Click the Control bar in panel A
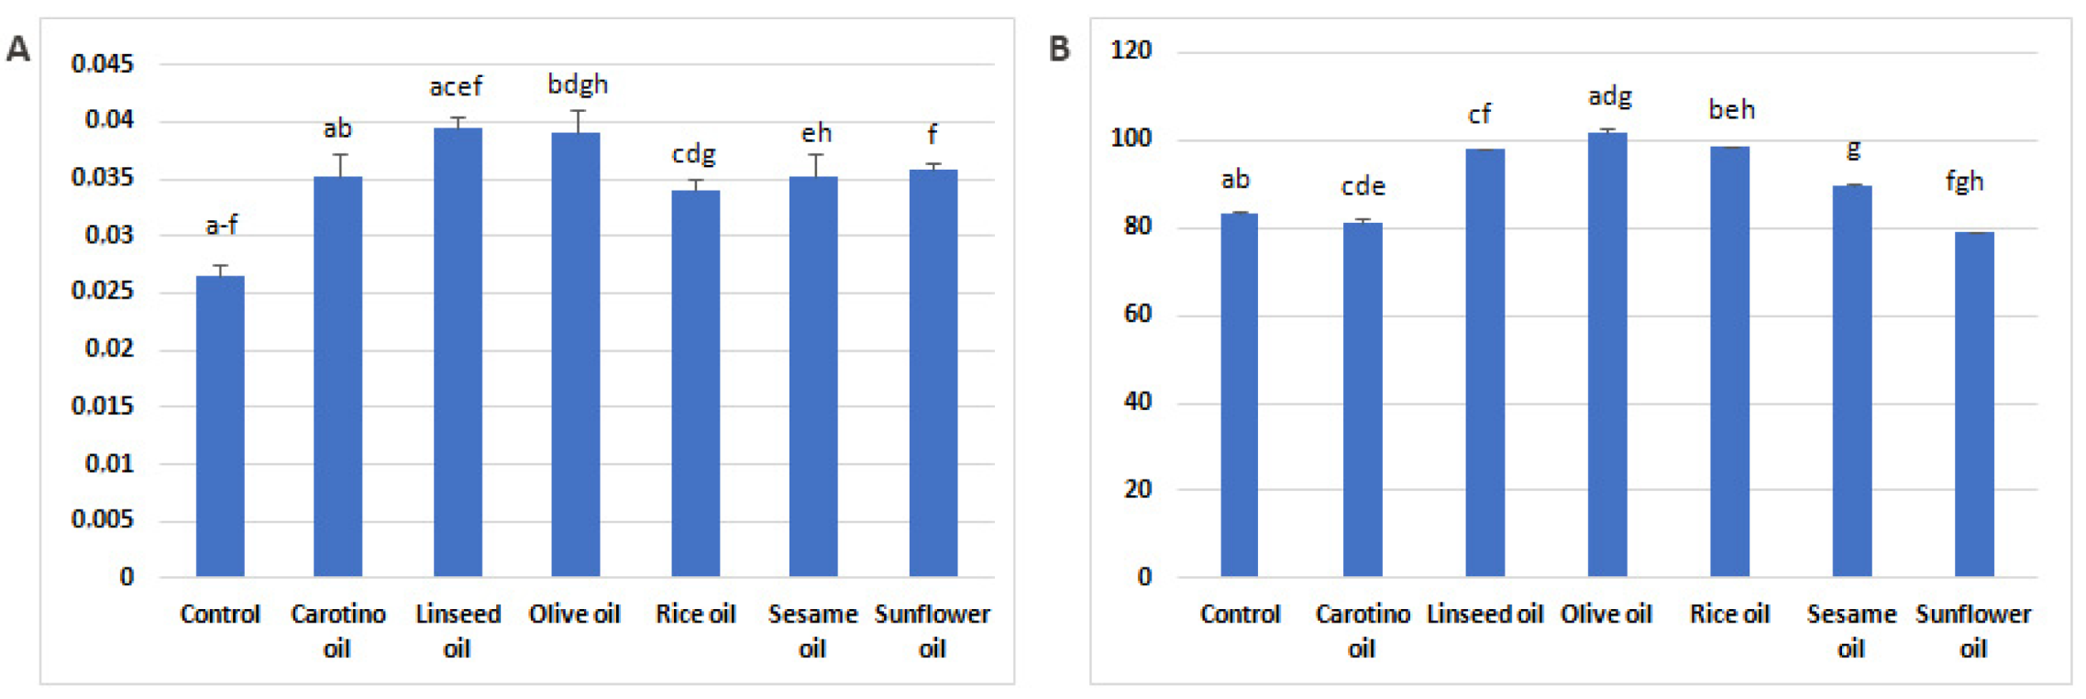click(x=220, y=426)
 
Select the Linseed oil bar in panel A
click(x=458, y=352)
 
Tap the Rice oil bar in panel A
click(x=695, y=383)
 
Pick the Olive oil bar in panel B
click(x=1607, y=354)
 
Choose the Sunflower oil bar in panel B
click(x=1974, y=405)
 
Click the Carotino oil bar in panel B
click(x=1363, y=400)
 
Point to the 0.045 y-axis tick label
click(x=102, y=64)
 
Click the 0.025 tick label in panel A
click(x=102, y=291)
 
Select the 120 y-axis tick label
click(x=1131, y=50)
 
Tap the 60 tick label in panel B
click(x=1137, y=314)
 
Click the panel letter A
click(x=18, y=49)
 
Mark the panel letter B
click(x=1059, y=49)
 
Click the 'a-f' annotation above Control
click(x=222, y=225)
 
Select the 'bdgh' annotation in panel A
click(x=578, y=85)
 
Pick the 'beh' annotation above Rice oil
click(x=1731, y=110)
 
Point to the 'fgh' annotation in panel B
click(x=1964, y=182)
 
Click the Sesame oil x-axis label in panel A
click(x=812, y=631)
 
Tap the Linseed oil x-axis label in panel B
click(x=1484, y=614)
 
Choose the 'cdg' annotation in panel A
click(x=693, y=154)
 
